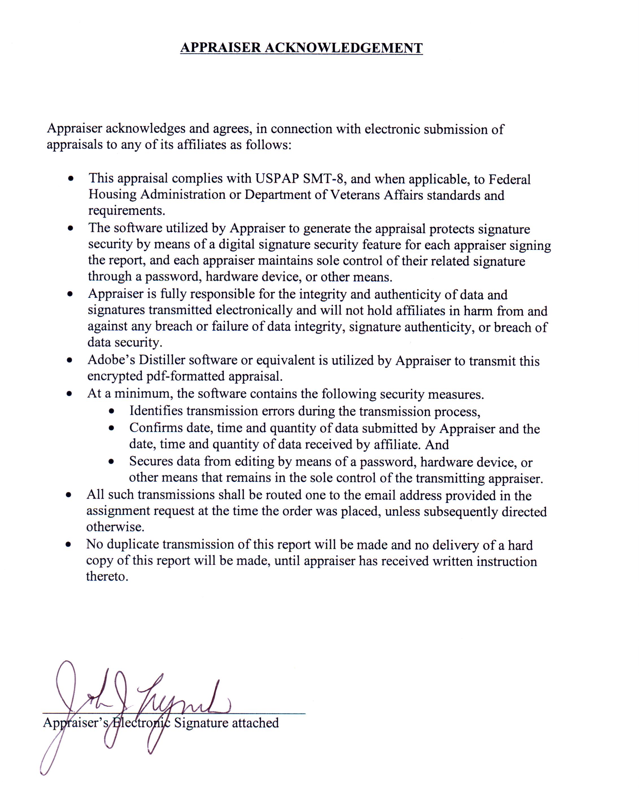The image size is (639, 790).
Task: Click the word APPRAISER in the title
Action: (x=220, y=48)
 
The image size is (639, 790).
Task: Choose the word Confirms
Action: (x=156, y=428)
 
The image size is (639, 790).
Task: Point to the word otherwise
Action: (x=115, y=527)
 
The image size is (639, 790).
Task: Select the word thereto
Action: (x=107, y=576)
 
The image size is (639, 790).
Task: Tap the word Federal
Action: (x=509, y=179)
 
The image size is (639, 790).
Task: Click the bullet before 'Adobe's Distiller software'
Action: (x=69, y=360)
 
